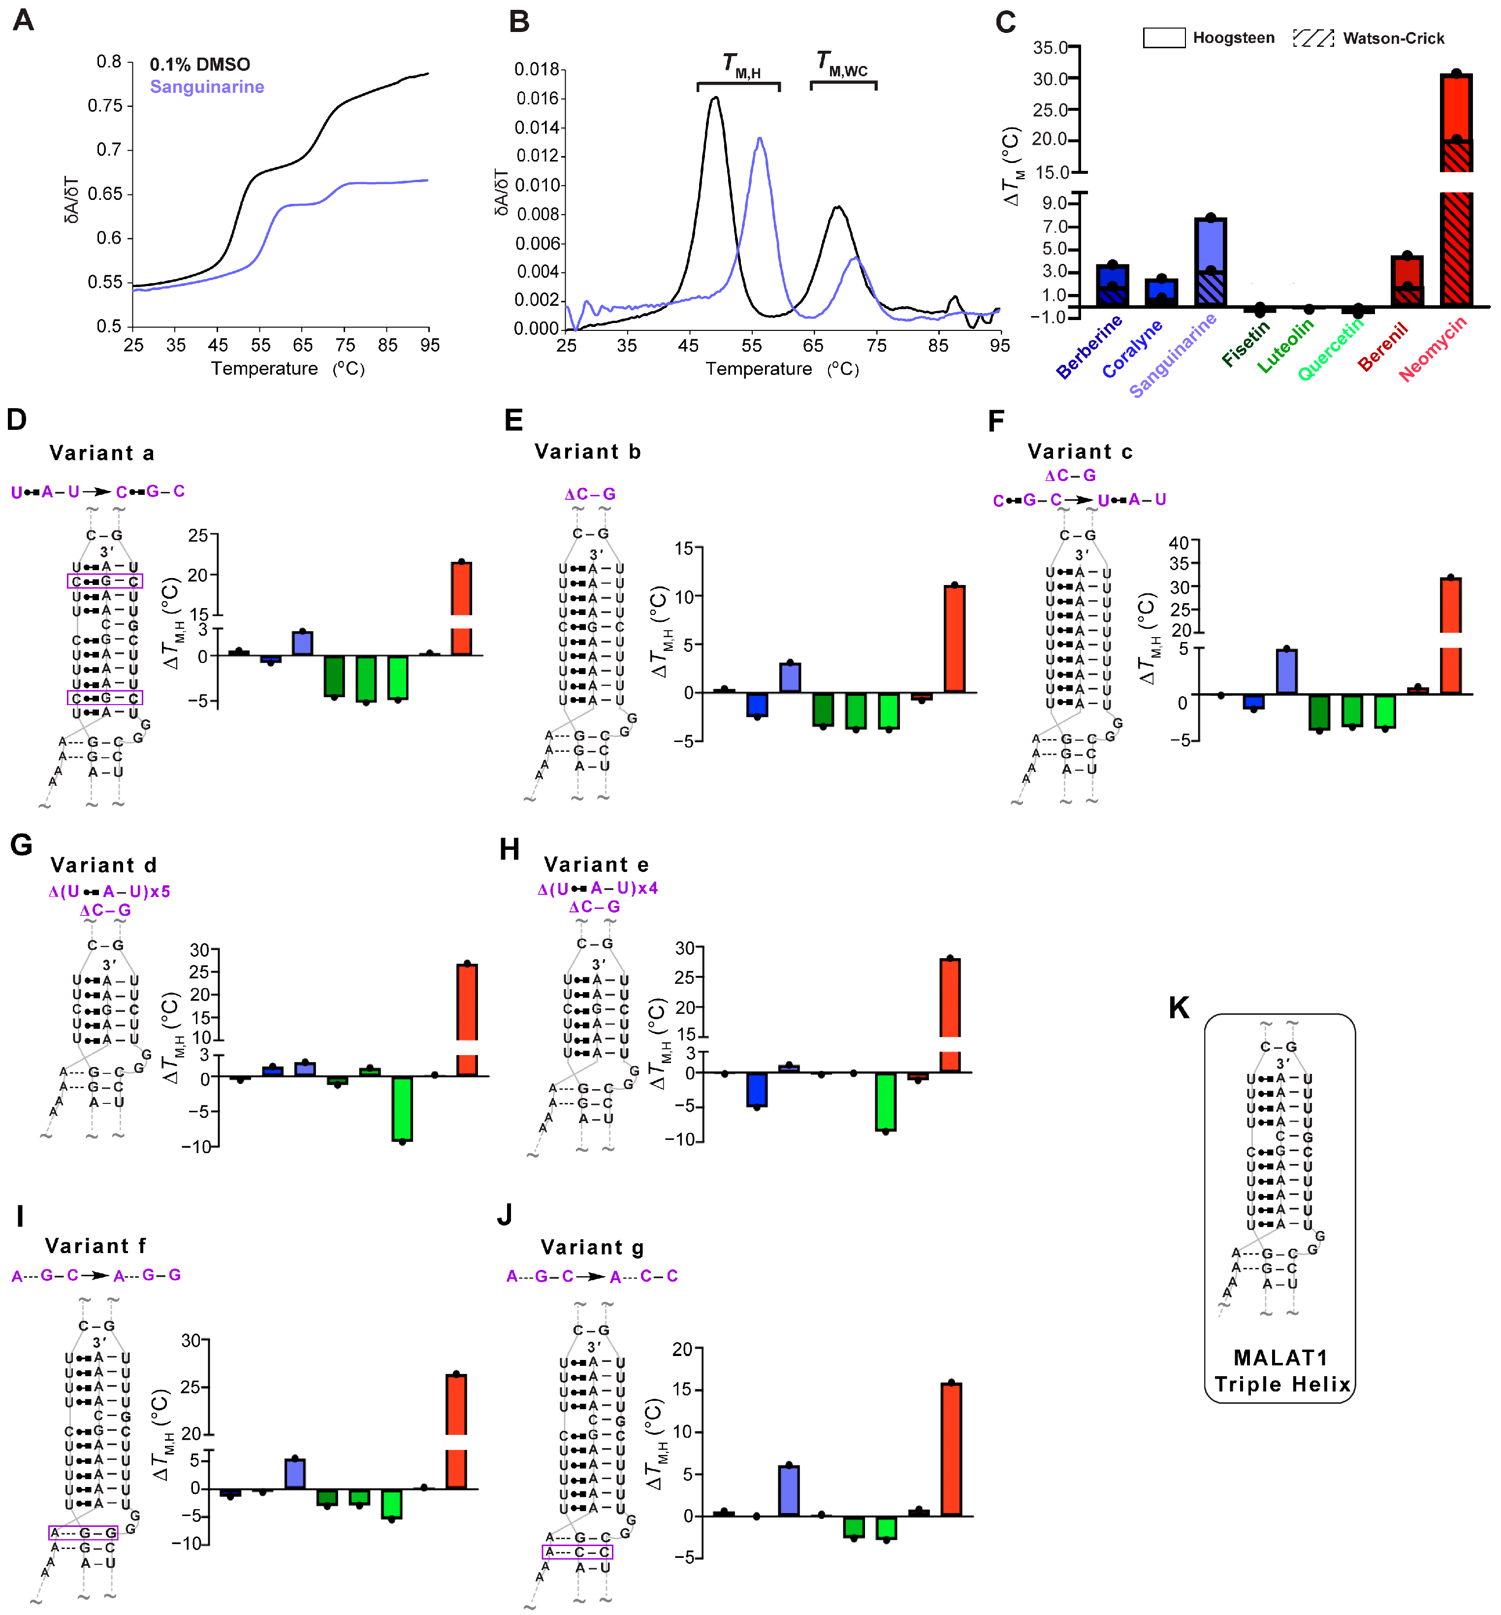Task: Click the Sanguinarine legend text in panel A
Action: pos(207,87)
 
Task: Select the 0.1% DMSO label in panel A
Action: pos(200,64)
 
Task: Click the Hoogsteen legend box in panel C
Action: pos(1163,37)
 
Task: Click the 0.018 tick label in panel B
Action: pos(538,70)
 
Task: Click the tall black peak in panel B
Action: pos(715,99)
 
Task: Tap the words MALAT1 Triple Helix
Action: pos(1281,1371)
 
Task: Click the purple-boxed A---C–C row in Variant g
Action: pos(577,1551)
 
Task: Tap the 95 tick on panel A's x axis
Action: pos(430,345)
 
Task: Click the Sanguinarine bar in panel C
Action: pos(1210,261)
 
